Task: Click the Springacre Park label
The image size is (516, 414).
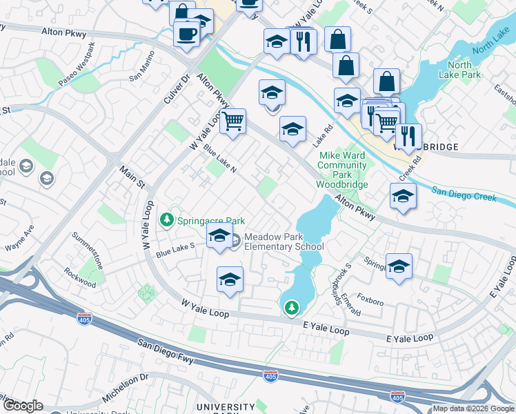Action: pyautogui.click(x=211, y=221)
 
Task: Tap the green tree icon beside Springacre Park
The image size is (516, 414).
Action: pyautogui.click(x=166, y=221)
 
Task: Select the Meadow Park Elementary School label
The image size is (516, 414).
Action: pyautogui.click(x=284, y=241)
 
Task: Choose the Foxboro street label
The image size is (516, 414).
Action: pyautogui.click(x=370, y=302)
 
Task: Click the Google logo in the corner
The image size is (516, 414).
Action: pyautogui.click(x=23, y=405)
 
